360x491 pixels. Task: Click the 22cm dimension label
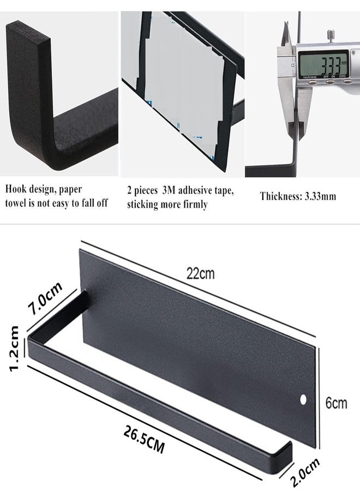coord(201,274)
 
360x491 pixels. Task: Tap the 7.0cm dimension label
coord(45,299)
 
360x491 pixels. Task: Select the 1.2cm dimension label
coord(14,348)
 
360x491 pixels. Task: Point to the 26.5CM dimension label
coord(143,439)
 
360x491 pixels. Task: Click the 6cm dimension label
coord(336,403)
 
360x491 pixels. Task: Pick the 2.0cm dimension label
coord(305,472)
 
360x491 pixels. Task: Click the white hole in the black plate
coord(303,399)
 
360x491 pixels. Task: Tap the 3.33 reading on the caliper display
coord(323,65)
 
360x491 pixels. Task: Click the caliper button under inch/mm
coord(311,82)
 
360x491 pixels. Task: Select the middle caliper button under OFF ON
coord(329,82)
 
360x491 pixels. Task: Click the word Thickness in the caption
coord(279,196)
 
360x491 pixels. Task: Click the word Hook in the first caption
coord(16,189)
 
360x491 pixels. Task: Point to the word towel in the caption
coord(16,203)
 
